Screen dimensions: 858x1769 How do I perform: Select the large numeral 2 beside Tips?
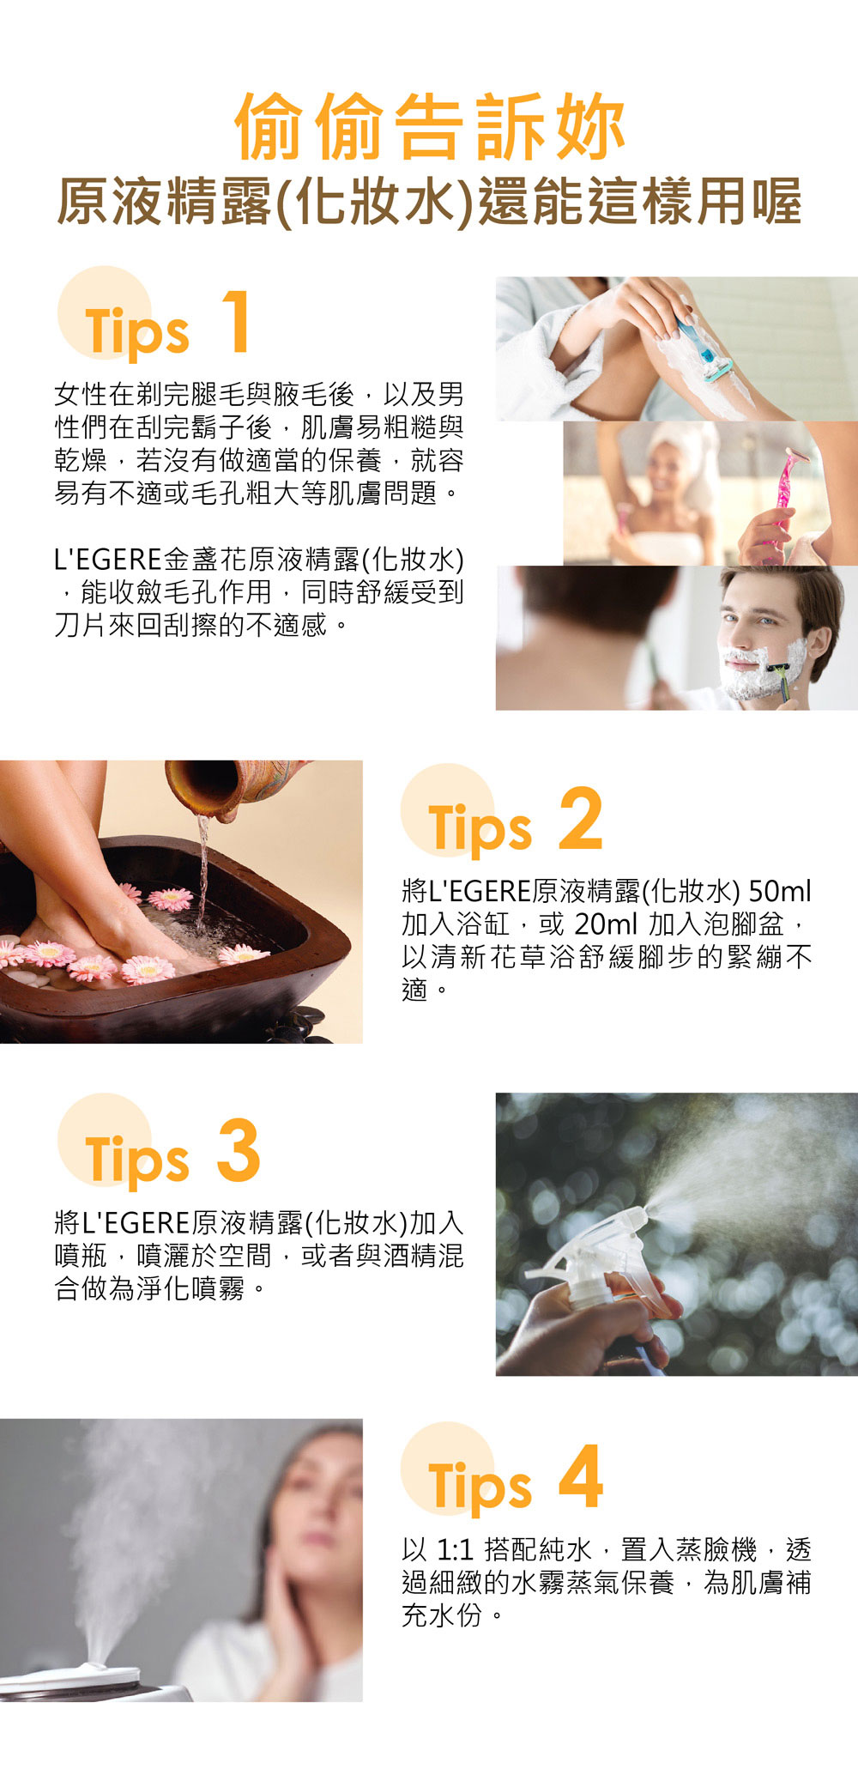coord(580,818)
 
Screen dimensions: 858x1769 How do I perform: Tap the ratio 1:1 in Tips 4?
coord(455,1550)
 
